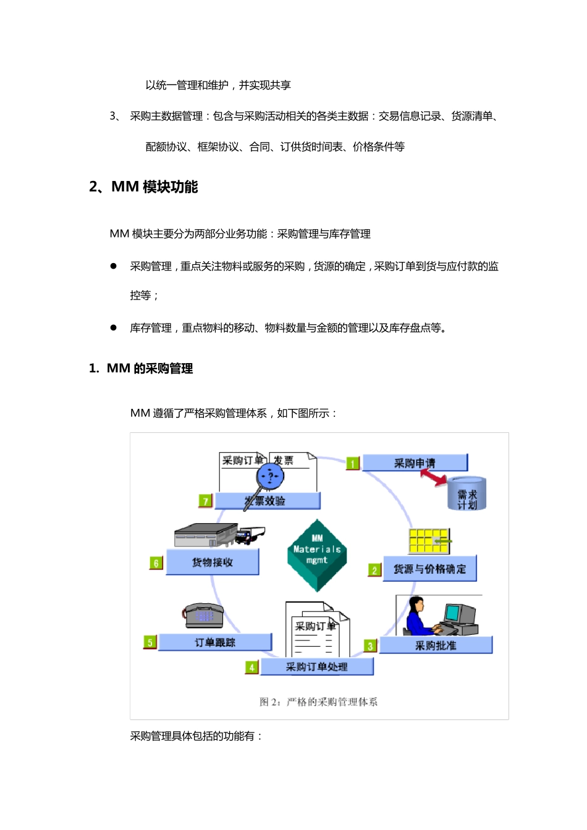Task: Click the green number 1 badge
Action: click(353, 463)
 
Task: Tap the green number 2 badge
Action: click(374, 570)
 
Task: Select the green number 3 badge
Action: click(370, 646)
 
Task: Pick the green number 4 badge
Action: click(251, 668)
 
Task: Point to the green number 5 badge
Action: click(150, 642)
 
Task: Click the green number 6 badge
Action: click(156, 563)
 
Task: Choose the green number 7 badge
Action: click(206, 501)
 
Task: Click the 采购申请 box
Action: click(415, 463)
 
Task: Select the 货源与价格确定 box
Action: click(430, 569)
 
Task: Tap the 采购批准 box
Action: click(436, 645)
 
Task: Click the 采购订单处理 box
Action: click(317, 667)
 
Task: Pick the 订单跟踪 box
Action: click(215, 642)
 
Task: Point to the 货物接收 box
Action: click(213, 562)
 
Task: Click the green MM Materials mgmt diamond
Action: click(317, 554)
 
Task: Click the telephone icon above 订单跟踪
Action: click(203, 615)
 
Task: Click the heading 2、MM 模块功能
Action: click(143, 187)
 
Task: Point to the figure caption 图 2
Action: click(318, 702)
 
